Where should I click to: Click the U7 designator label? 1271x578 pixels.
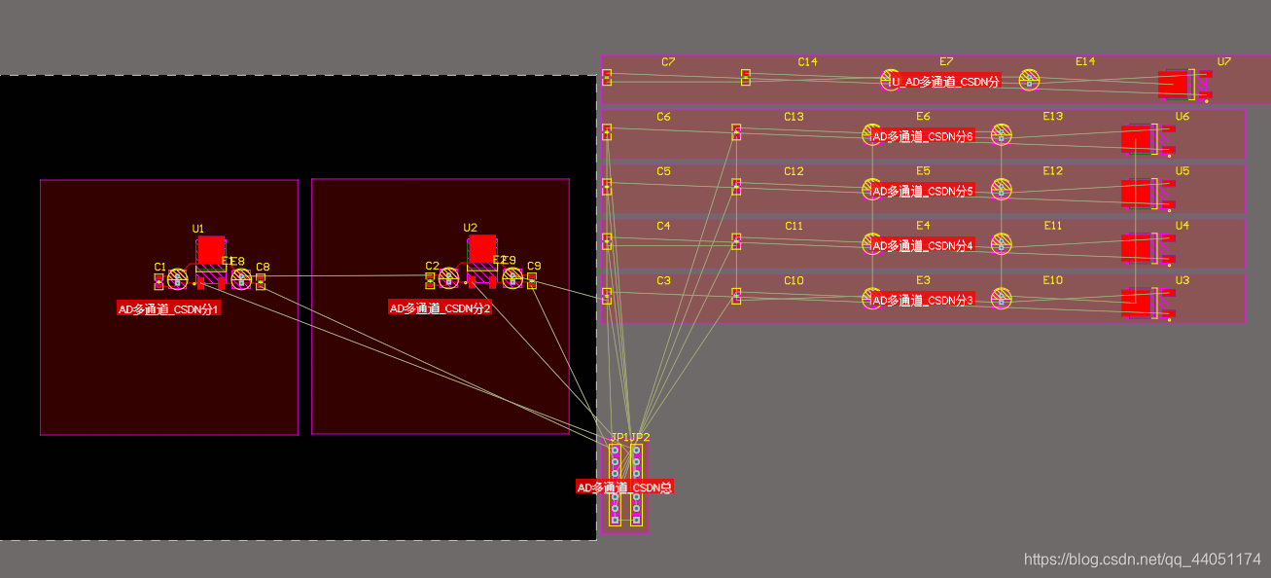[1223, 61]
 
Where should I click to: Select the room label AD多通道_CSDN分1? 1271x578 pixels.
[169, 308]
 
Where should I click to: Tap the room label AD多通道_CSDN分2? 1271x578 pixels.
[441, 308]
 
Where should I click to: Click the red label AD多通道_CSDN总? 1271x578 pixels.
[624, 487]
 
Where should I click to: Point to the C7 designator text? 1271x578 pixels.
[668, 61]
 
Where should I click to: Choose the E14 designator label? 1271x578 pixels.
[1085, 61]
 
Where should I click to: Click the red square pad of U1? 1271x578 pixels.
[211, 249]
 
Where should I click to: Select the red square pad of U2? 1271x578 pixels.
[482, 248]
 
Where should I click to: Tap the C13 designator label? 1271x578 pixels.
[794, 117]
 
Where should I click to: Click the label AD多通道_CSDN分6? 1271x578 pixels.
[923, 136]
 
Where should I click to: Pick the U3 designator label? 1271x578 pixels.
[1183, 280]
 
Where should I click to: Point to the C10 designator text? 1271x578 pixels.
[794, 280]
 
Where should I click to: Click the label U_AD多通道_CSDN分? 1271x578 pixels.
[945, 82]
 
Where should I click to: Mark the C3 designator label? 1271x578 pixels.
[663, 280]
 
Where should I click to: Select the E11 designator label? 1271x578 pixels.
[1053, 226]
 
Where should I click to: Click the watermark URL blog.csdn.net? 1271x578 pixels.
[1143, 560]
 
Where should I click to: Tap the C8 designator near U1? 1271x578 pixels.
[263, 267]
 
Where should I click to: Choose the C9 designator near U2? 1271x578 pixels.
[534, 266]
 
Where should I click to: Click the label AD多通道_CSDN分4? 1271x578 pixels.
[923, 245]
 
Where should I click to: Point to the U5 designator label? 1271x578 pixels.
[1183, 171]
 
